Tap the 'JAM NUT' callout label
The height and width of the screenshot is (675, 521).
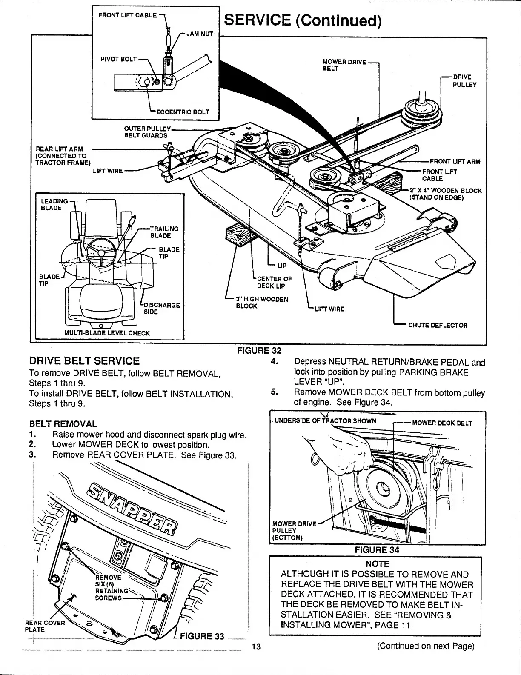point(200,33)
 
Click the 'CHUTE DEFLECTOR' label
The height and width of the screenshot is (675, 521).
point(438,325)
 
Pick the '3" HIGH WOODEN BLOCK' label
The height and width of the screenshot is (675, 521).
point(262,302)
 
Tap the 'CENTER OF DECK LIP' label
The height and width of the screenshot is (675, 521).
point(275,282)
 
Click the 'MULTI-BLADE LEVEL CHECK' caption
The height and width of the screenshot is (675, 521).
point(107,332)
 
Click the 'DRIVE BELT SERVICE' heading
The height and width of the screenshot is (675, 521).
point(84,361)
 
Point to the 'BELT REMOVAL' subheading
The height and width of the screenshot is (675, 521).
point(63,424)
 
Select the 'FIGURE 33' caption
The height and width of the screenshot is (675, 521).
point(202,636)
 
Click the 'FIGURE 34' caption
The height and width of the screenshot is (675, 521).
point(377,549)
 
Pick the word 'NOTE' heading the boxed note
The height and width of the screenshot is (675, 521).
point(378,564)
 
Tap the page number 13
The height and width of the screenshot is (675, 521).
point(256,647)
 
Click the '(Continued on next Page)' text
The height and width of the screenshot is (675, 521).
point(425,646)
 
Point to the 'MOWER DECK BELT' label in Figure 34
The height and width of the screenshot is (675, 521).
point(442,423)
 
